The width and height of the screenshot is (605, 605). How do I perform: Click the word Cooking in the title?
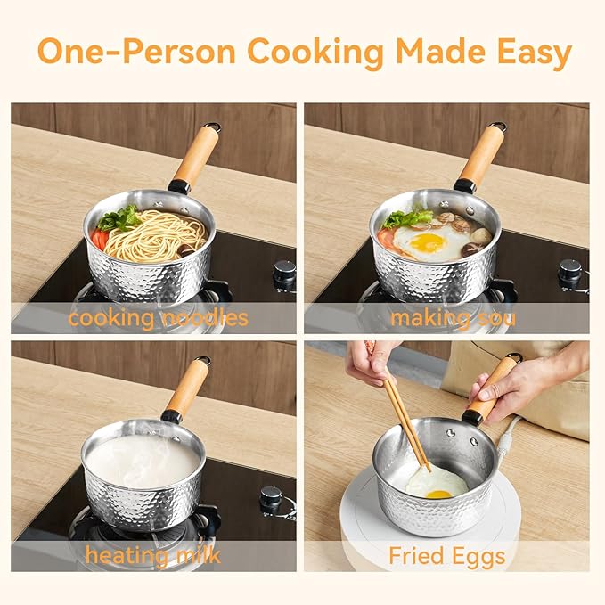click(315, 53)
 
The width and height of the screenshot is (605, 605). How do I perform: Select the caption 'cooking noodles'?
click(159, 317)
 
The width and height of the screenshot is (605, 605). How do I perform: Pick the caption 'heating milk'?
click(153, 556)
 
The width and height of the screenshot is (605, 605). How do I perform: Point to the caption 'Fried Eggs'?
click(447, 557)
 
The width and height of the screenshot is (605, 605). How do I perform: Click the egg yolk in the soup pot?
click(428, 241)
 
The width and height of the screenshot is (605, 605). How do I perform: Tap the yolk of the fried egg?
click(437, 494)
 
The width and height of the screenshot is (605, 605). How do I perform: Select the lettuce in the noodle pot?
click(120, 219)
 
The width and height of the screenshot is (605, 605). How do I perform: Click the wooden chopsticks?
click(406, 420)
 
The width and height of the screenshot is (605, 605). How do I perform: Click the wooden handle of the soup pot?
click(482, 157)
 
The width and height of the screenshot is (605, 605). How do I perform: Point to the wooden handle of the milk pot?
click(190, 389)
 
